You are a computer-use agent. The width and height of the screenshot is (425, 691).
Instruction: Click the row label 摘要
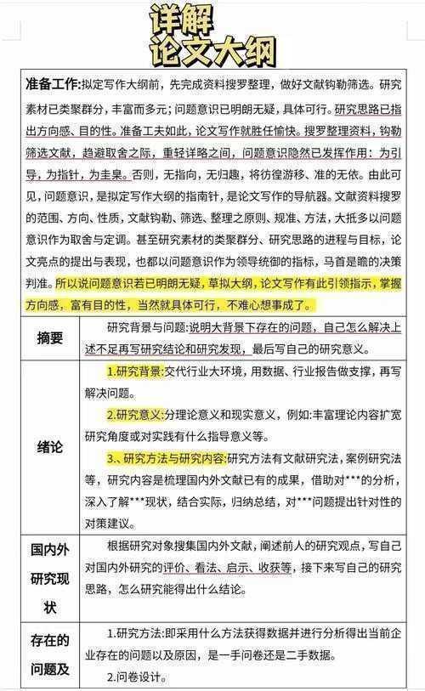pos(50,337)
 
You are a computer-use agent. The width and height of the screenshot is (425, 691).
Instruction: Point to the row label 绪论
pos(50,448)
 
